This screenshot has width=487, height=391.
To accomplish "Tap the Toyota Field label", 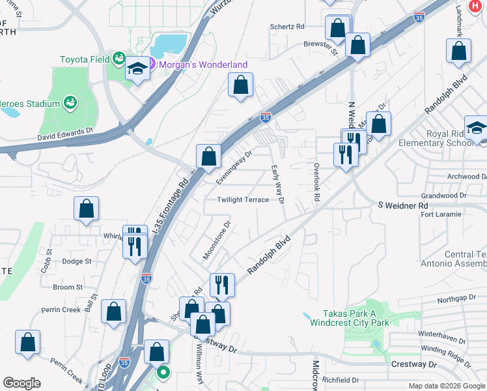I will point(85,59).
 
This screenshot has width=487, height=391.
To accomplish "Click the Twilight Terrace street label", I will point(243,200).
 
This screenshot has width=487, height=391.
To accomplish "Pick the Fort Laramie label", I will point(441,214).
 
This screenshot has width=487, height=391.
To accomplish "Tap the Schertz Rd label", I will point(287,27).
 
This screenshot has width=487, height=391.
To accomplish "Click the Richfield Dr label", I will point(341,380).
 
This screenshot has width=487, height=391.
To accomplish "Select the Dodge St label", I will point(77,261).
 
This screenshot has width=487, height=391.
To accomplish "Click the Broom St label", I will point(68,287).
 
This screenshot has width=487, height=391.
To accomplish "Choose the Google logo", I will point(21,383).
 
